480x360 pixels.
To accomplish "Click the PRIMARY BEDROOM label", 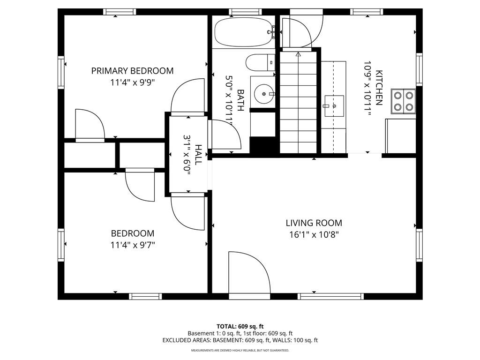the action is pyautogui.click(x=132, y=71).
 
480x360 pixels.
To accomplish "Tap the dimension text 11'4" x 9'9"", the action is pyautogui.click(x=132, y=82).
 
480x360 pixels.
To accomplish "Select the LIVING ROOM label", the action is pyautogui.click(x=314, y=223).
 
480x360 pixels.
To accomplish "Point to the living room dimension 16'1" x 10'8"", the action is pyautogui.click(x=314, y=235).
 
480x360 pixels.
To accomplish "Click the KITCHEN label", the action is pyautogui.click(x=379, y=88).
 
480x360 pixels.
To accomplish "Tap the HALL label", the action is pyautogui.click(x=198, y=155).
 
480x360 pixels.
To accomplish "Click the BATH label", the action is pyautogui.click(x=240, y=100).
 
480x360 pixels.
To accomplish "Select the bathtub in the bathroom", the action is pyautogui.click(x=244, y=32).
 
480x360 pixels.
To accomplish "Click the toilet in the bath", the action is pyautogui.click(x=260, y=62).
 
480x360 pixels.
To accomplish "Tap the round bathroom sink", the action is pyautogui.click(x=263, y=94).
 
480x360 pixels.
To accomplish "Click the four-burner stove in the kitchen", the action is pyautogui.click(x=404, y=101).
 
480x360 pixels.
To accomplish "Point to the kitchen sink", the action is pyautogui.click(x=334, y=106).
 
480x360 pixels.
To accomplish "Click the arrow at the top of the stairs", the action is pyautogui.click(x=298, y=54).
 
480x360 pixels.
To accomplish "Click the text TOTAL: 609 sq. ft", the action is pyautogui.click(x=240, y=326).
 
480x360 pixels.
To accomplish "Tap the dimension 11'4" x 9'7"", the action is pyautogui.click(x=133, y=245).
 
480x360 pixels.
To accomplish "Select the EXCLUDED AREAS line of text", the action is pyautogui.click(x=240, y=340).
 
